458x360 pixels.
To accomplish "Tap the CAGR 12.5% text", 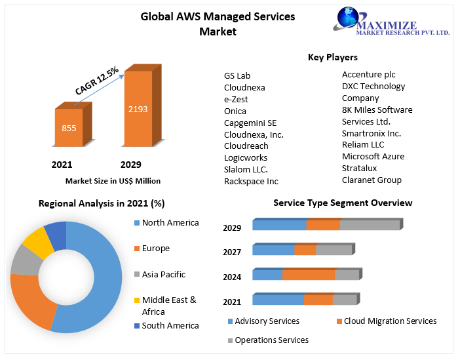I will pyautogui.click(x=96, y=79).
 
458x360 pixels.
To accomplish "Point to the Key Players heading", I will pyautogui.click(x=333, y=57).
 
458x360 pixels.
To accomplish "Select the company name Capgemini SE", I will pyautogui.click(x=250, y=123).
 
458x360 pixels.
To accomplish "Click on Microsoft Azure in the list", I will pyautogui.click(x=373, y=156).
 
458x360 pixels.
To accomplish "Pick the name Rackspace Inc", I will pyautogui.click(x=251, y=181).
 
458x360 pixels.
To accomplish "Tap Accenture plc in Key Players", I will pyautogui.click(x=368, y=74).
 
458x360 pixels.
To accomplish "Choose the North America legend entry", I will pyautogui.click(x=170, y=222).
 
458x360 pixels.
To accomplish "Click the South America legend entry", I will pyautogui.click(x=170, y=325).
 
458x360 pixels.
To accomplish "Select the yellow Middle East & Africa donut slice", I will pyautogui.click(x=38, y=241).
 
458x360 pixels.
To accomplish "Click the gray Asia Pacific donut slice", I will pyautogui.click(x=25, y=259).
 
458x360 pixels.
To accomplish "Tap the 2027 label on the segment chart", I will pyautogui.click(x=232, y=252).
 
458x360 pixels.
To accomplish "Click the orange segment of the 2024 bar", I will pyautogui.click(x=309, y=275).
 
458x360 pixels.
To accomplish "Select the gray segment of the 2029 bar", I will pyautogui.click(x=370, y=225).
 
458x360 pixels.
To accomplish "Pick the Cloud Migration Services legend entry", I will pyautogui.click(x=390, y=321).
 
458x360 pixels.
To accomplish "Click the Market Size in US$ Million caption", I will pyautogui.click(x=113, y=180).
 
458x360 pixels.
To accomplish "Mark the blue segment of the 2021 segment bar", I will pyautogui.click(x=278, y=300).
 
